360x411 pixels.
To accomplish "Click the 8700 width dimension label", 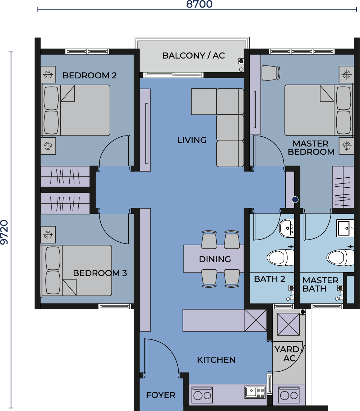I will [199, 4].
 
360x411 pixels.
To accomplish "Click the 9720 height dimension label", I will [5, 232].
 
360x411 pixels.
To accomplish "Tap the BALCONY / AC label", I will [193, 55].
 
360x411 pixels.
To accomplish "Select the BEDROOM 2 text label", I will [89, 76].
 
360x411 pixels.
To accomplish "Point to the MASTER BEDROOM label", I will [311, 148].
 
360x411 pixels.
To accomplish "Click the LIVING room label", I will [192, 140].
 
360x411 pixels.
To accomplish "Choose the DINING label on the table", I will [215, 259].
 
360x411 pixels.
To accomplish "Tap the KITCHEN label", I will [216, 360].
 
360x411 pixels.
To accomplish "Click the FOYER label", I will [161, 395].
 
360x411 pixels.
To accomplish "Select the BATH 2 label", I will [269, 279].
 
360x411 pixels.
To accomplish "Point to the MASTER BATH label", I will [320, 284].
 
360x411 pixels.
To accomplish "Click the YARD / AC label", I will [289, 353].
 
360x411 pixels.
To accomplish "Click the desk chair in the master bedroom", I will [271, 73].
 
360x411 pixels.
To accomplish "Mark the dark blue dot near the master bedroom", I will [295, 200].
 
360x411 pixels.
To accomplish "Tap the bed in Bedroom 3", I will [77, 270].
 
